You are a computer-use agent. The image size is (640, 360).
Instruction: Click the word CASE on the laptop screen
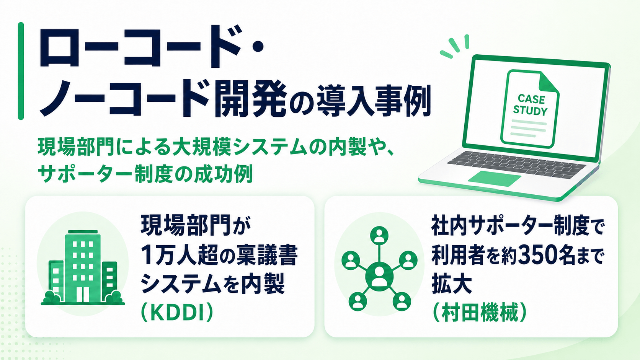pyautogui.click(x=531, y=99)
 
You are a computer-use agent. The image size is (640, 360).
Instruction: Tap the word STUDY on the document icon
pyautogui.click(x=530, y=111)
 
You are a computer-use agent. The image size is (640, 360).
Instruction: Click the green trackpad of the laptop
pyautogui.click(x=494, y=178)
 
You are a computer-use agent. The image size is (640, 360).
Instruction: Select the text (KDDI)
pyautogui.click(x=177, y=313)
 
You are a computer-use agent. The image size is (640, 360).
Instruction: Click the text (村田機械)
pyautogui.click(x=480, y=313)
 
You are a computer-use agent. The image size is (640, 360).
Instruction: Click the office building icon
pyautogui.click(x=83, y=267)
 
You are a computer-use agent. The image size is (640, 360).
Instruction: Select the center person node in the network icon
pyautogui.click(x=379, y=276)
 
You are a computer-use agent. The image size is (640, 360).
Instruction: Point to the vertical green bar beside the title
pyautogui.click(x=21, y=71)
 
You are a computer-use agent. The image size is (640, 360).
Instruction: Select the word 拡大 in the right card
pyautogui.click(x=451, y=284)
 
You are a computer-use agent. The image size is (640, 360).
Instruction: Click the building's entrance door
pyautogui.click(x=83, y=294)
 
